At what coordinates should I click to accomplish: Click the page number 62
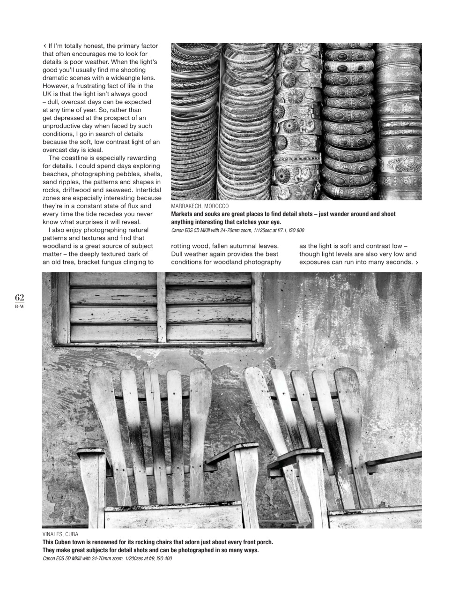19,298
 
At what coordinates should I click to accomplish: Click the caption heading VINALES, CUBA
60,534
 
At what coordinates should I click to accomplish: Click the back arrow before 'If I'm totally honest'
44,46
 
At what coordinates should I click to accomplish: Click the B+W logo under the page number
19,307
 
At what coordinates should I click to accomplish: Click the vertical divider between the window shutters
161,307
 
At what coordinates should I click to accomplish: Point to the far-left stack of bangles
192,122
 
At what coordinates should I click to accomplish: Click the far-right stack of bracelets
400,122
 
